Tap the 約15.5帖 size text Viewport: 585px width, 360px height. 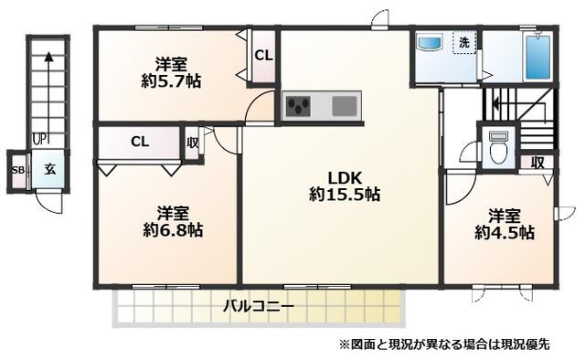[x=345, y=195]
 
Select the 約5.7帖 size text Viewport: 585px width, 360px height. [x=171, y=80]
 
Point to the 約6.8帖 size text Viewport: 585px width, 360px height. [x=172, y=230]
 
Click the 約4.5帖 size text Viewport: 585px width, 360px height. [x=504, y=233]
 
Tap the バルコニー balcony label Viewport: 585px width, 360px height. [x=259, y=307]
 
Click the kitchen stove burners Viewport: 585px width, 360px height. [x=299, y=108]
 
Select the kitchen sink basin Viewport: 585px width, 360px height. [x=344, y=107]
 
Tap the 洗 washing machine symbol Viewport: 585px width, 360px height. [x=464, y=43]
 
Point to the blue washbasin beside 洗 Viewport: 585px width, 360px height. [x=430, y=43]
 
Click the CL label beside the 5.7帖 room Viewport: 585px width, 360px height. [x=263, y=56]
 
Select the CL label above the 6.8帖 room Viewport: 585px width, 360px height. [x=139, y=142]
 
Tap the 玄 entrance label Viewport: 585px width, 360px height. [x=50, y=170]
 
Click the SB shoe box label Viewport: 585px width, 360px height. [x=17, y=171]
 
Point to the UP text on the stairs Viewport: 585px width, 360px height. [x=40, y=139]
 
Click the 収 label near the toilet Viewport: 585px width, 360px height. [x=538, y=162]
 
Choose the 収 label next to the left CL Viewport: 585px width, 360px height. [x=193, y=143]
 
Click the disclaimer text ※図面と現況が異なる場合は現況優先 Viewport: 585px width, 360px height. [x=444, y=344]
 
